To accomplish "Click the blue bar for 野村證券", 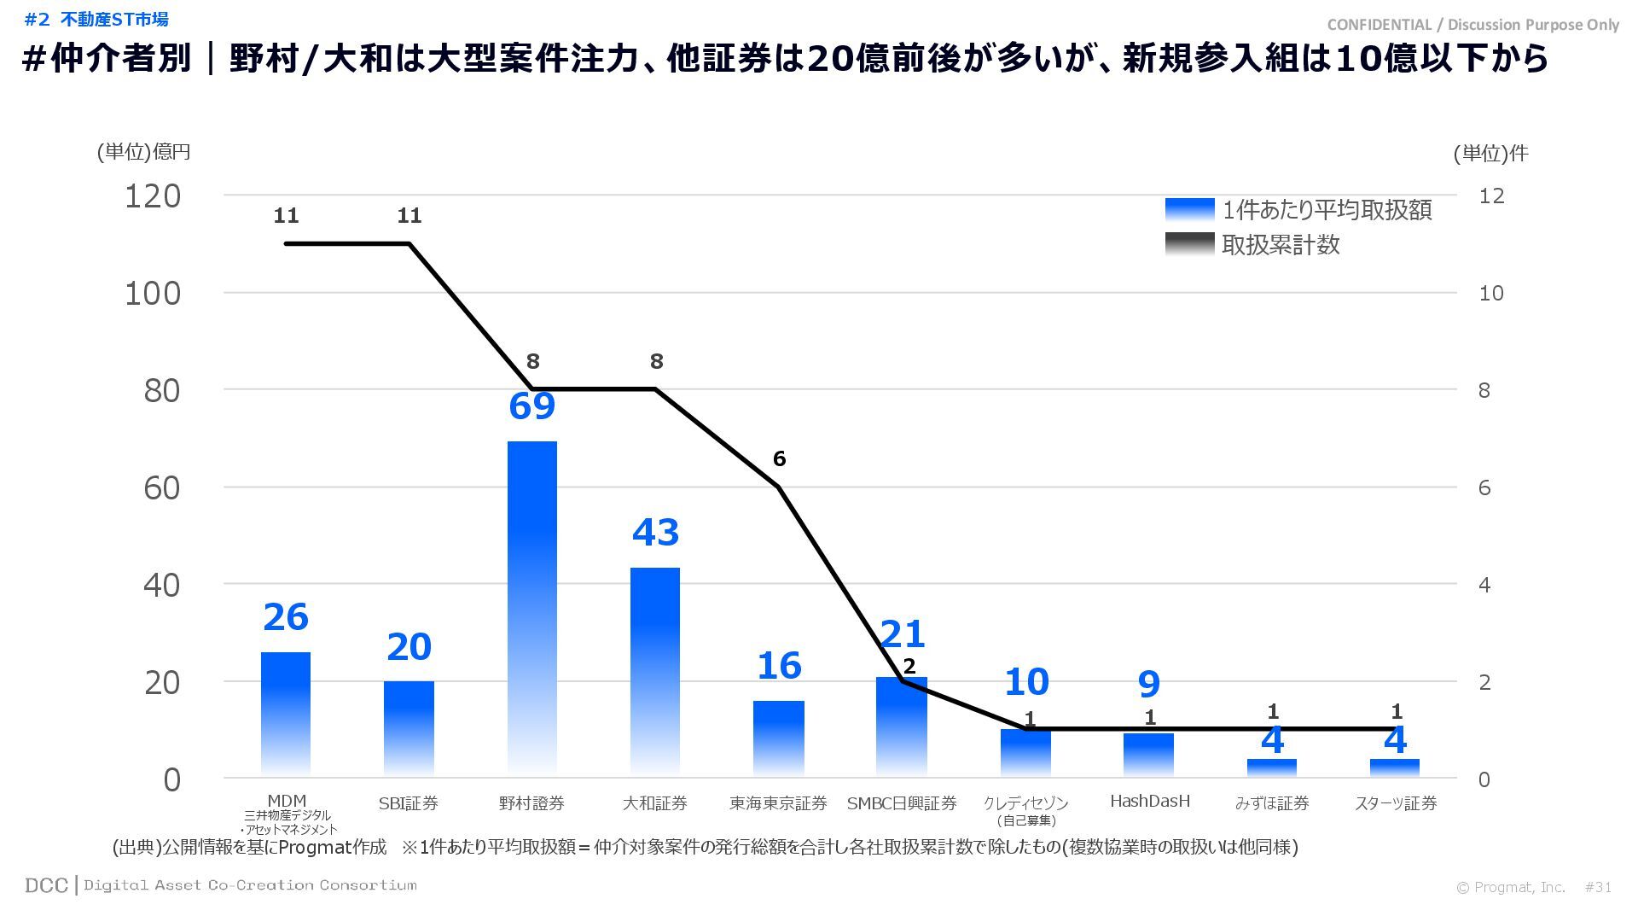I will point(531,606).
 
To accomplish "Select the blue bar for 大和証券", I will point(655,670).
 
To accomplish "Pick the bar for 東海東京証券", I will point(778,738).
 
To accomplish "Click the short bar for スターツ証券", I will point(1395,767).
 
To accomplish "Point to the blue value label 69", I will point(531,406).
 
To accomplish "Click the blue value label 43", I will point(655,533).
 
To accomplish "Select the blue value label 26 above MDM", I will point(286,617).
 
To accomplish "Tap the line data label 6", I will point(779,459).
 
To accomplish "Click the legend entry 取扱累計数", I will point(1280,245).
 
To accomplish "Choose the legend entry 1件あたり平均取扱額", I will point(1326,210).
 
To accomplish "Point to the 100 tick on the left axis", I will point(153,294).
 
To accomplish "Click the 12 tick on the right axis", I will point(1491,196).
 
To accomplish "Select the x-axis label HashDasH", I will point(1149,801).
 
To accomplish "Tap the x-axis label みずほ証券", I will point(1271,803).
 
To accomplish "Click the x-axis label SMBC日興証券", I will point(902,803).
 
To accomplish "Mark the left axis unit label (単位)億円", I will point(143,152).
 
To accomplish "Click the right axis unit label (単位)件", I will point(1490,154).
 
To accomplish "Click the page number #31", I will point(1598,888).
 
